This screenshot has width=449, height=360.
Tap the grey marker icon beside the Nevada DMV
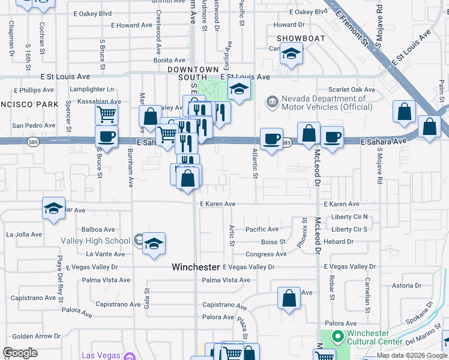pyautogui.click(x=273, y=101)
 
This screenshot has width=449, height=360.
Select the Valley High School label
pyautogui.click(x=95, y=241)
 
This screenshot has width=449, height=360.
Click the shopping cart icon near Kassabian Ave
pyautogui.click(x=106, y=112)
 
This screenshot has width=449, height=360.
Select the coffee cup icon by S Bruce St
pyautogui.click(x=106, y=137)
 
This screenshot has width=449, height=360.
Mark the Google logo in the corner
pyautogui.click(x=20, y=352)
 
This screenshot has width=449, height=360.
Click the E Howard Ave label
pyautogui.click(x=132, y=25)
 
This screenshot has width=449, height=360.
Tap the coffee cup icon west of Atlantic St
pyautogui.click(x=271, y=139)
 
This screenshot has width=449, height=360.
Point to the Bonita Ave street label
pyautogui.click(x=169, y=60)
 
